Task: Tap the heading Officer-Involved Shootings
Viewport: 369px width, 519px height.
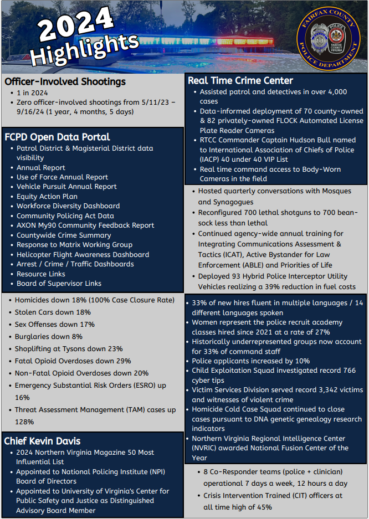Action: pyautogui.click(x=65, y=81)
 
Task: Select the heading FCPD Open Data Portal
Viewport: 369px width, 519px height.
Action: pyautogui.click(x=57, y=137)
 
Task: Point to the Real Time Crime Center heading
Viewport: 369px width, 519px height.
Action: pyautogui.click(x=240, y=80)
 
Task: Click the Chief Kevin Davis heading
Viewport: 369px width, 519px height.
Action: pyautogui.click(x=43, y=441)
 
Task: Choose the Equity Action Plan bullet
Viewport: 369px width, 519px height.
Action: pyautogui.click(x=47, y=196)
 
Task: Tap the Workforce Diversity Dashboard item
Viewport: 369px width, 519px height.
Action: pyautogui.click(x=68, y=206)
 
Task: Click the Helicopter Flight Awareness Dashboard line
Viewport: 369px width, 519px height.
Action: pyautogui.click(x=83, y=254)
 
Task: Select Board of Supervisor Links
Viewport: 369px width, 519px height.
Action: pyautogui.click(x=59, y=284)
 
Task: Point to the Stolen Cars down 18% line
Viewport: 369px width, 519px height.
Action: pyautogui.click(x=53, y=312)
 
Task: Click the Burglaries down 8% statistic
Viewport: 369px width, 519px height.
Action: pyautogui.click(x=49, y=336)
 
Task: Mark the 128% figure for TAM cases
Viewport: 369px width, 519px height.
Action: pyautogui.click(x=24, y=422)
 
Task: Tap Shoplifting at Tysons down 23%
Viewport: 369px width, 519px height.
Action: pyautogui.click(x=69, y=348)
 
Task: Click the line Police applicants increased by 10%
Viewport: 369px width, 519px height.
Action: pyautogui.click(x=250, y=361)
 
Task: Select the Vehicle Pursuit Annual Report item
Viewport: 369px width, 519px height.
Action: pyautogui.click(x=66, y=187)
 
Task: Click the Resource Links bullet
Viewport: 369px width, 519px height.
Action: pyautogui.click(x=41, y=274)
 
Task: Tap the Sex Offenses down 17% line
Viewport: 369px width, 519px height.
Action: pyautogui.click(x=55, y=324)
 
